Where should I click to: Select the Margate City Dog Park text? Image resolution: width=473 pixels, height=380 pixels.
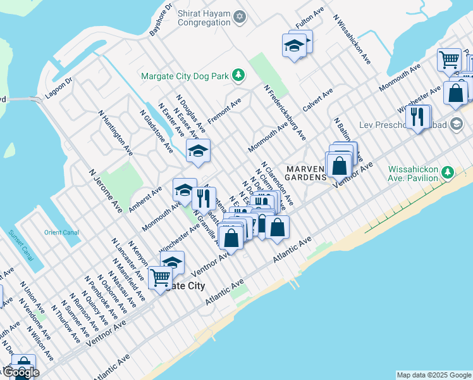point(185,76)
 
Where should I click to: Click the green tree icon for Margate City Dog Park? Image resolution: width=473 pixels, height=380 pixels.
point(238,76)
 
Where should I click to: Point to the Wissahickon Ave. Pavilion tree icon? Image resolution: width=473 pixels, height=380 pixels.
point(447,172)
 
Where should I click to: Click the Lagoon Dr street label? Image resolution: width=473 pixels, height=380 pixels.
point(59,89)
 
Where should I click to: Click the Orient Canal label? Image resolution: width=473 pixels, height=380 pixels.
point(61,232)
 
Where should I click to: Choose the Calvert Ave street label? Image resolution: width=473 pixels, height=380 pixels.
point(317,101)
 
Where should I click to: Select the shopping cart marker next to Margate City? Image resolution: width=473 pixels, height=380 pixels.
point(160,276)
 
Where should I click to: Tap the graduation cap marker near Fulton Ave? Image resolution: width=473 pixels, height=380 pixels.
point(294,45)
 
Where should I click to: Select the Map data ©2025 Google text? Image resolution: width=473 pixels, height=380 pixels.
point(434,375)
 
